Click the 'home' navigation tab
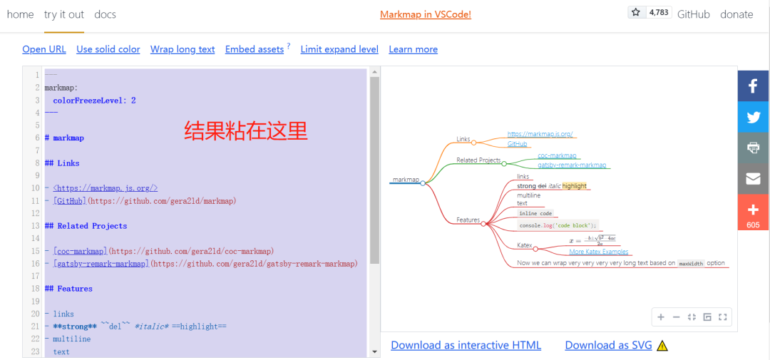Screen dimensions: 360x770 click(20, 14)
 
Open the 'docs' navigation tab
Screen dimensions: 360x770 click(105, 14)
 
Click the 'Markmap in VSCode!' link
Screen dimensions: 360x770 click(425, 14)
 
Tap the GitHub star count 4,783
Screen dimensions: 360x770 click(658, 12)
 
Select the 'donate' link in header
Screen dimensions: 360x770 click(736, 14)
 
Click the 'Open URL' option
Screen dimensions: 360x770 click(44, 49)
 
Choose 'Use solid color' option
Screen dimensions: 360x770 click(108, 49)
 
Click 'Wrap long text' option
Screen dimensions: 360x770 click(183, 49)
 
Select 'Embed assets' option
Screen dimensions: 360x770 click(255, 49)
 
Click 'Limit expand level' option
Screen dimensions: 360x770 click(339, 49)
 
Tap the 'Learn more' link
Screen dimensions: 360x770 click(413, 49)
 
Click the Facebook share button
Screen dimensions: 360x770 click(753, 86)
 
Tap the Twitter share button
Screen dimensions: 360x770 click(753, 118)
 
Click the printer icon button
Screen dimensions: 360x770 click(753, 148)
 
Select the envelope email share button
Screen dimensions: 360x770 click(753, 179)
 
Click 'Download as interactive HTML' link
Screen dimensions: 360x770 click(466, 345)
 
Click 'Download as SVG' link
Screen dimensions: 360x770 click(608, 345)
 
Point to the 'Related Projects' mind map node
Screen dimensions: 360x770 click(478, 160)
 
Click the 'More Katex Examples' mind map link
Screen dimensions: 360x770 click(599, 252)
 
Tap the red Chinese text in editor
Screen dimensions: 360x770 click(246, 130)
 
